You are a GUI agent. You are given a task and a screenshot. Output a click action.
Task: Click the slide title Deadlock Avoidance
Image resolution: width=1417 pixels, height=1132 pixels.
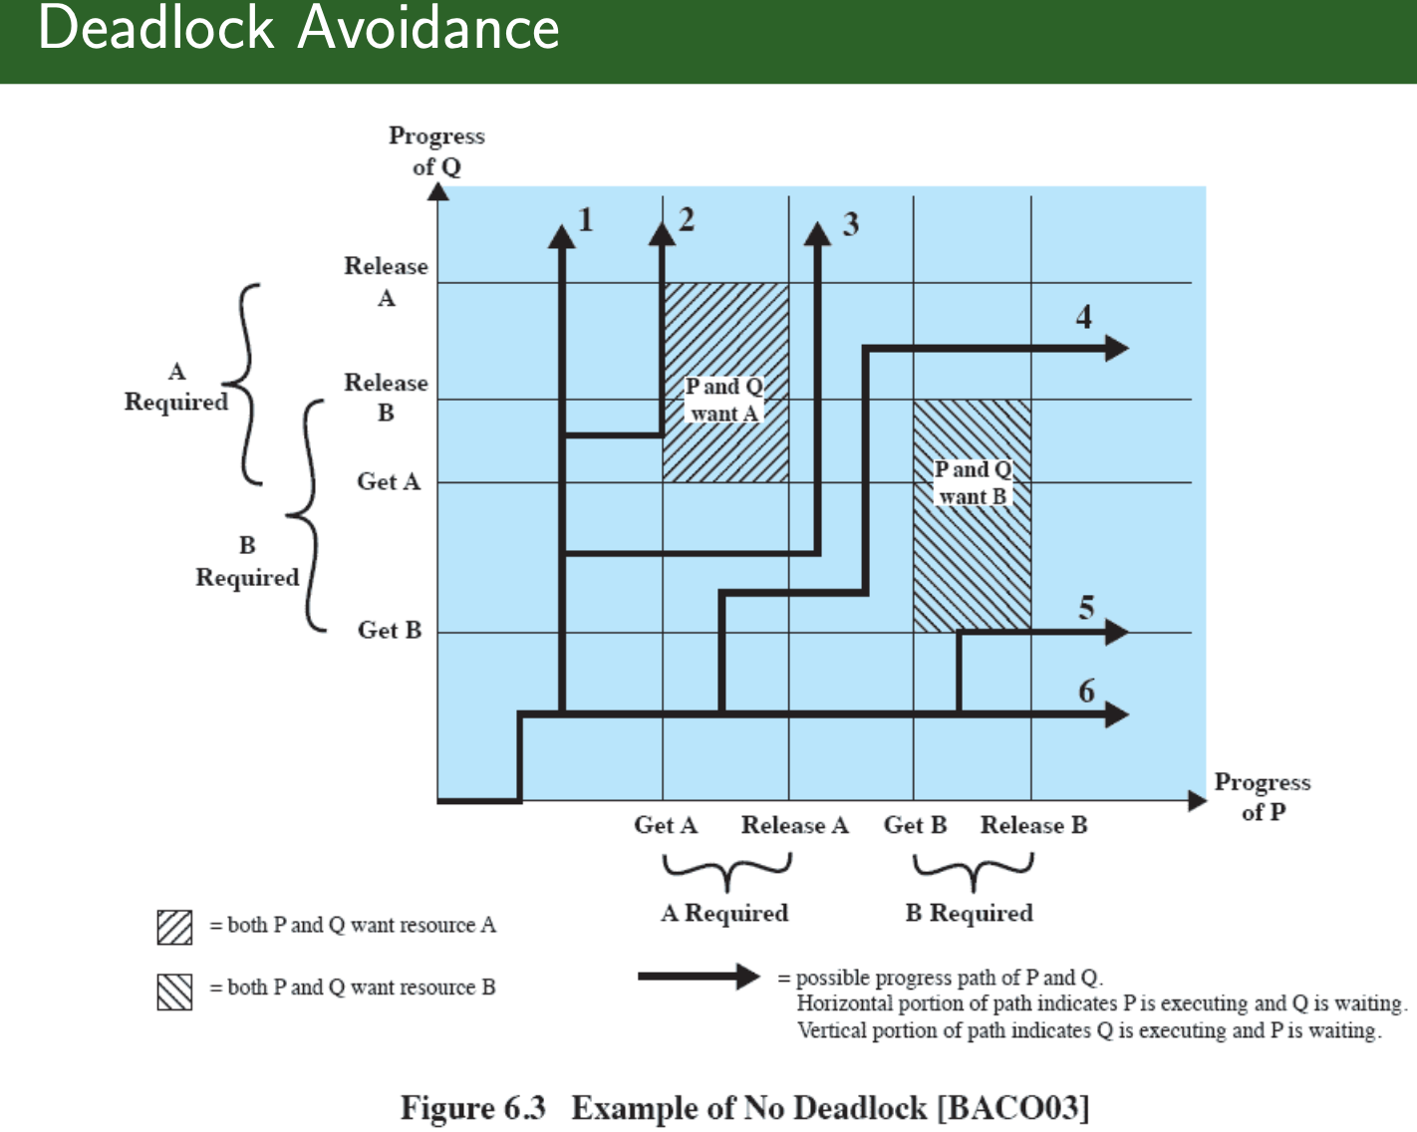tap(298, 28)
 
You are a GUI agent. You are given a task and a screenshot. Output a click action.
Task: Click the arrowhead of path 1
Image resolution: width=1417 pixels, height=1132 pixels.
tap(562, 236)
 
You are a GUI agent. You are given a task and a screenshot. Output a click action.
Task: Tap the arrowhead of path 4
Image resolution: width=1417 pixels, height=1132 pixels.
tap(1116, 348)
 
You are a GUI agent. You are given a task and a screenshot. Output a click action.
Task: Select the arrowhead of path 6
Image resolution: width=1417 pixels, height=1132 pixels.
tap(1116, 713)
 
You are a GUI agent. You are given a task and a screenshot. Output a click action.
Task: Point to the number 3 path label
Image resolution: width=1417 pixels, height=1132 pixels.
tap(850, 224)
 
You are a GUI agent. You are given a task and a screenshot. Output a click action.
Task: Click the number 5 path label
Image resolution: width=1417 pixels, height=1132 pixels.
tap(1086, 607)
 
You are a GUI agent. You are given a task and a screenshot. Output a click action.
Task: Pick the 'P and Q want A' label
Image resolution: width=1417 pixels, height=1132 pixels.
tap(724, 400)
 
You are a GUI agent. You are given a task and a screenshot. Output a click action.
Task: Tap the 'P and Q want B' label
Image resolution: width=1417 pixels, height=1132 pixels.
tap(973, 482)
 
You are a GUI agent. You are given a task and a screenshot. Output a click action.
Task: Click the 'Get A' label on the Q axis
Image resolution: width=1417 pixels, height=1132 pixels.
tap(389, 481)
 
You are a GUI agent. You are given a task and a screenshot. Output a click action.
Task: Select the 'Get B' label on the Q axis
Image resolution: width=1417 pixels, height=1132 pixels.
tap(390, 630)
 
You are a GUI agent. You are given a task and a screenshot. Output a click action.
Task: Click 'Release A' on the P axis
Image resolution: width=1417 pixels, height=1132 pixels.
tap(794, 825)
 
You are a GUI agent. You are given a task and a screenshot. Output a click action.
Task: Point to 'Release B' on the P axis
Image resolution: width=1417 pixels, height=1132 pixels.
tap(1033, 825)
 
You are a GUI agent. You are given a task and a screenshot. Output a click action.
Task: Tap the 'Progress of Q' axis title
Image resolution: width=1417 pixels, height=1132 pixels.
tap(436, 150)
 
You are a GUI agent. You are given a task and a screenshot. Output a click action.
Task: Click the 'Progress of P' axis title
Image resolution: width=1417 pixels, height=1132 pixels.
tap(1262, 796)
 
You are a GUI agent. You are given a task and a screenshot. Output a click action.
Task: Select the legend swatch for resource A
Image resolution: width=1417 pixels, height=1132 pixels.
tap(174, 927)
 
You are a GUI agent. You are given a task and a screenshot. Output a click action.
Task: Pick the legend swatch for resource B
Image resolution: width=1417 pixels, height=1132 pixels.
tap(174, 990)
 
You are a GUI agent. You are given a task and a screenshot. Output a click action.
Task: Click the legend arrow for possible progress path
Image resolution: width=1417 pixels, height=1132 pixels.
tap(699, 977)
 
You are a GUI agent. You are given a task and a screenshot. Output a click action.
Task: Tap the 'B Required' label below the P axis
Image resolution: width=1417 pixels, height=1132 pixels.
tap(969, 913)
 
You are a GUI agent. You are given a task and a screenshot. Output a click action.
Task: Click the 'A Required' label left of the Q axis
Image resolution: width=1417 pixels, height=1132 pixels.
tap(176, 387)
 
